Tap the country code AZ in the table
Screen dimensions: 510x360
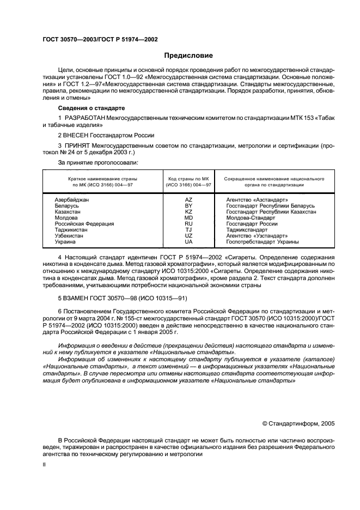coord(188,200)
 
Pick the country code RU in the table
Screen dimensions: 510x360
coord(188,223)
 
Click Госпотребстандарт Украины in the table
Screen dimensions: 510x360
coord(263,241)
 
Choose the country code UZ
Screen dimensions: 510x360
coord(188,235)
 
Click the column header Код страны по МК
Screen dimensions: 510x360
coord(188,178)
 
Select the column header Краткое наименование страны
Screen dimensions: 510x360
coord(102,178)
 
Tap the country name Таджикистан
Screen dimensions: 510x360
coord(72,229)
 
